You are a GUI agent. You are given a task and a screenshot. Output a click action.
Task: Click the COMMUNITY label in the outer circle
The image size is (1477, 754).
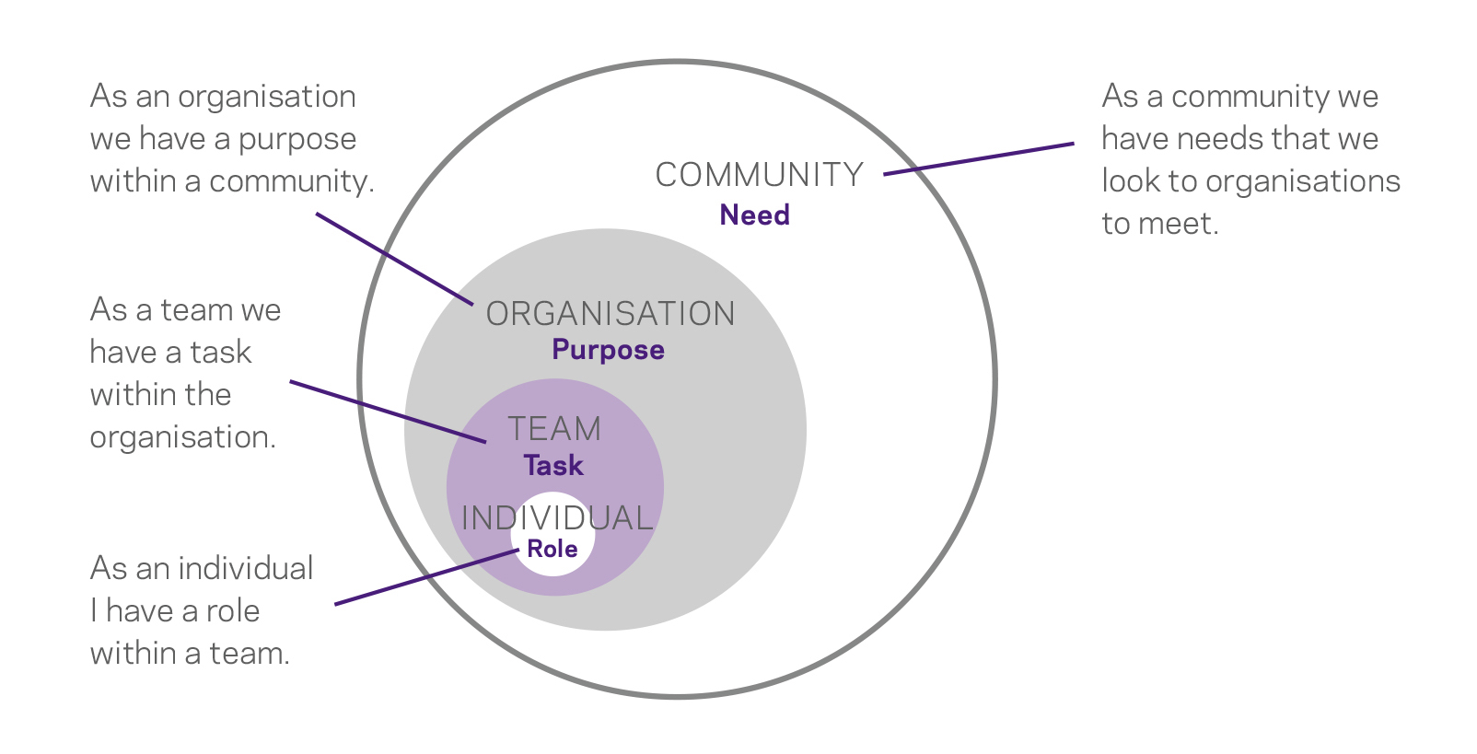759,175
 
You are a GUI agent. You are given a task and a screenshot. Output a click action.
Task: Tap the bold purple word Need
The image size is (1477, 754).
754,215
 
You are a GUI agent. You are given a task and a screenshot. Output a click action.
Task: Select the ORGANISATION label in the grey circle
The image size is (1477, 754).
611,314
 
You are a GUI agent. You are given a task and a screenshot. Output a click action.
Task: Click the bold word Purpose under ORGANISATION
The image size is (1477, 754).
608,350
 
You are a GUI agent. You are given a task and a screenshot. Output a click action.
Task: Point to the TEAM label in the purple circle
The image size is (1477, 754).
554,429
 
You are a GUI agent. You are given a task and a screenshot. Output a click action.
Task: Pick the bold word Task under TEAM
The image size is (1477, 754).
553,466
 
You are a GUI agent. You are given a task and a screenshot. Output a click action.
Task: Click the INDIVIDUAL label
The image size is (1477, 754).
557,518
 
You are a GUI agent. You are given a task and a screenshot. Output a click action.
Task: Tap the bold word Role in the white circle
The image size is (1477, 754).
552,549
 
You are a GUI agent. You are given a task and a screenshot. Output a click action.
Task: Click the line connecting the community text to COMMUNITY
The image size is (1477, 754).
978,158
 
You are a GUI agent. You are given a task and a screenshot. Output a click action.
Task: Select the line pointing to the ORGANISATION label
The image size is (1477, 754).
394,259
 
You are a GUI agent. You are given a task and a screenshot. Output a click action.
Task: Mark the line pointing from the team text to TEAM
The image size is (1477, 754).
387,411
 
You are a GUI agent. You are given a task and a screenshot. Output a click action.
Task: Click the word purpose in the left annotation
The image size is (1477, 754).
297,140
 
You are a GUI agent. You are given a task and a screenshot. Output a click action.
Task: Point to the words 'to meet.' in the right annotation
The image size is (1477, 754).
1159,224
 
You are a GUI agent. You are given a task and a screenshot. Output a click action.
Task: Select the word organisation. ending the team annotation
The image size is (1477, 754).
182,437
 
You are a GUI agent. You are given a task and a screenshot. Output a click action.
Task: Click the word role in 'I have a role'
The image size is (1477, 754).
233,610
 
